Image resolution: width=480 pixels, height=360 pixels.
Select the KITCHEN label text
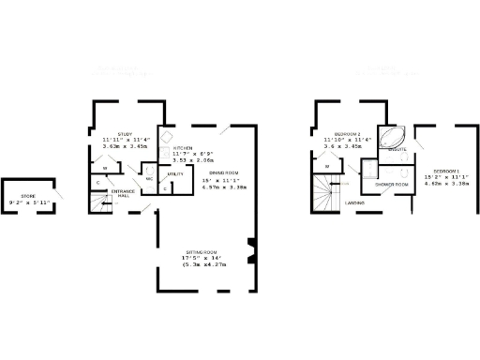183,148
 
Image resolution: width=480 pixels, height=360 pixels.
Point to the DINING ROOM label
221,173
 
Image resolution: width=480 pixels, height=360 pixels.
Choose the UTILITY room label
175,174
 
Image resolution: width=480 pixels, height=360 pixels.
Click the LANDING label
354,202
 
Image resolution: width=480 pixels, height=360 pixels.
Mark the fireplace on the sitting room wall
249,249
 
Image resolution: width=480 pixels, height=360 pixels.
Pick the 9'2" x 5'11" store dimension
27,202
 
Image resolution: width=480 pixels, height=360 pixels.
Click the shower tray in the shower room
371,169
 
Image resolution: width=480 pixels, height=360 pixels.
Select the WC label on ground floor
148,178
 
